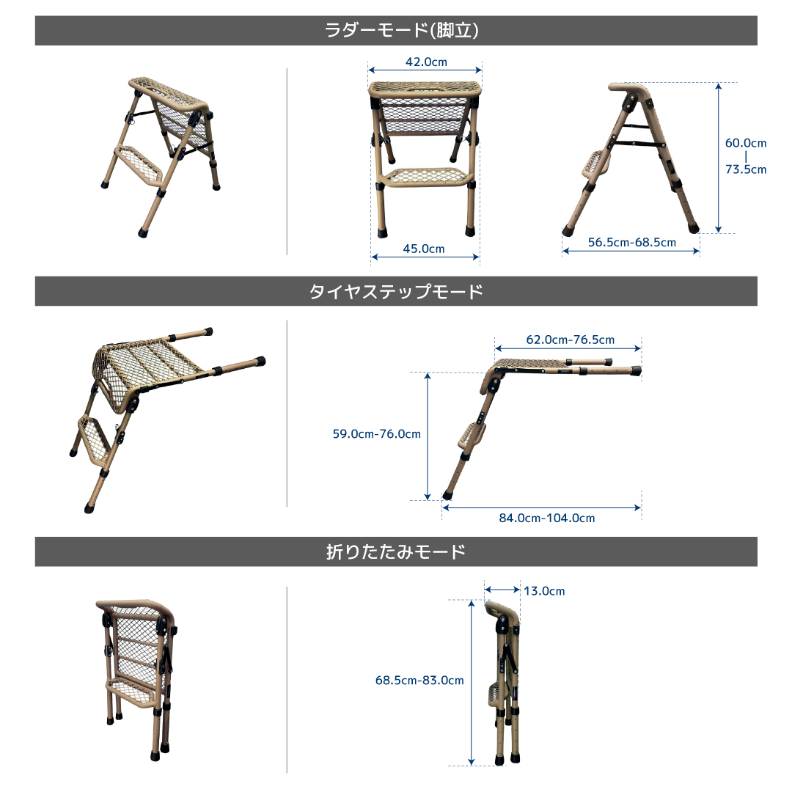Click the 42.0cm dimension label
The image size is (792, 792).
click(426, 62)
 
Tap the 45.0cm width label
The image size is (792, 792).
click(424, 249)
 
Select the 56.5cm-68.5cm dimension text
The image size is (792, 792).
click(632, 243)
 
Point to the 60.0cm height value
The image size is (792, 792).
click(746, 143)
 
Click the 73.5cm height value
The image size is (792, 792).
click(746, 169)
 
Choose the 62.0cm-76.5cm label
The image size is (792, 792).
click(571, 340)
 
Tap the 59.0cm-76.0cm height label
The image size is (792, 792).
click(376, 434)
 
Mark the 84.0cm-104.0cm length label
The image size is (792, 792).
click(547, 518)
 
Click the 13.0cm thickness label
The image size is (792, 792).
click(544, 591)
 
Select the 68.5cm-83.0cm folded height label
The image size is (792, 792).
click(419, 681)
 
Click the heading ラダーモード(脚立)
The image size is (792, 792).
click(401, 30)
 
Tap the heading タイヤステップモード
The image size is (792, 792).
click(396, 291)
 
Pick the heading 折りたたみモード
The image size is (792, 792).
click(396, 551)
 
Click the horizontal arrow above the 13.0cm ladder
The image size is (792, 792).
click(502, 590)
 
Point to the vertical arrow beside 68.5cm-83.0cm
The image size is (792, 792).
click(472, 683)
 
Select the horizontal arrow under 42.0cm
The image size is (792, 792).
click(425, 70)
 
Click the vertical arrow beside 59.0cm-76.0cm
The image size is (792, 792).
click(428, 436)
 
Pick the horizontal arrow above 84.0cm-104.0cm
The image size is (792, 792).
click(541, 507)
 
